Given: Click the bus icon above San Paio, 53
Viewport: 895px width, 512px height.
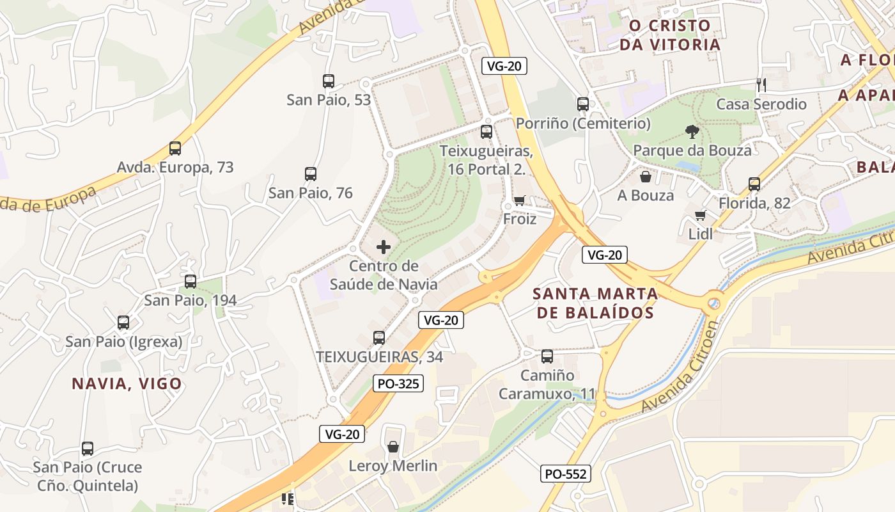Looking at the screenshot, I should coord(329,81).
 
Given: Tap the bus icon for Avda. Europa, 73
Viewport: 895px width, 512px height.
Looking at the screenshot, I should coord(175,148).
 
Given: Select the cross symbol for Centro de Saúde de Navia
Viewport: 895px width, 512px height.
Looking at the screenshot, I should coord(384,247).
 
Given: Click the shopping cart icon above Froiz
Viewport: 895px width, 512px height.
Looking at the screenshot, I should coord(520,200).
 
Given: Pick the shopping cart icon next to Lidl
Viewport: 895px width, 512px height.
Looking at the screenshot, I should coord(701,216).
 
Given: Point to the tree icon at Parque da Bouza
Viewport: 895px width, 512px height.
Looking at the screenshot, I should coord(692,132).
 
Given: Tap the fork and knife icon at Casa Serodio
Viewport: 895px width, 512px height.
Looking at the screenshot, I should coord(761,84).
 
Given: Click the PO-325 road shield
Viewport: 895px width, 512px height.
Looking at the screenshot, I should coord(398,383).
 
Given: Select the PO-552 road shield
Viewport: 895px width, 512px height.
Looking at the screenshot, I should coord(565,474).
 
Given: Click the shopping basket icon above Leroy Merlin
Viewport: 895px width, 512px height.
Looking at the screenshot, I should coord(393,447).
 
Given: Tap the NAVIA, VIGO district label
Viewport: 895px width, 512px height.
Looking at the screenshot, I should coord(127,383).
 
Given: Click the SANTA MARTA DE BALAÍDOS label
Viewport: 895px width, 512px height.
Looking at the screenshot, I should coord(595,303).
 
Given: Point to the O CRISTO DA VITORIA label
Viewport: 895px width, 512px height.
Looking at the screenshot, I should coord(669,35).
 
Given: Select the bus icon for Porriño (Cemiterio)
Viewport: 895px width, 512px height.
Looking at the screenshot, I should coord(583,104).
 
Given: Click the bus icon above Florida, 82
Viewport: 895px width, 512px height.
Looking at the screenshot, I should coord(754,184).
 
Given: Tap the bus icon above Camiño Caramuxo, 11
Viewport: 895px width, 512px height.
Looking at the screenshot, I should coord(547,356).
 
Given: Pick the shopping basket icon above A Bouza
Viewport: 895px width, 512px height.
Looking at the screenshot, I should coord(646,177).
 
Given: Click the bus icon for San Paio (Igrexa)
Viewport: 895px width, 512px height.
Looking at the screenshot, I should coord(123,323).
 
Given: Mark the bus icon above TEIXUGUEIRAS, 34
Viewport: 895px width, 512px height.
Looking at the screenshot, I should coord(379,338).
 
